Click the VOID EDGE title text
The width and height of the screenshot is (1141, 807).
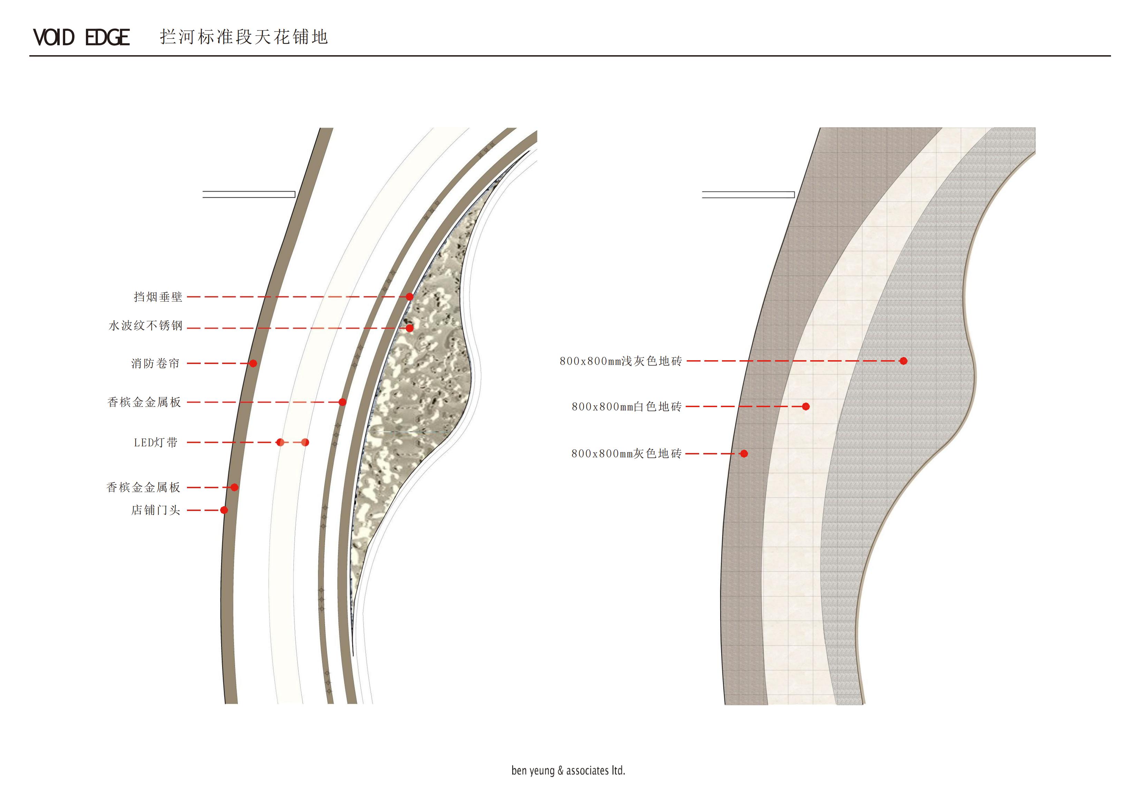[81, 38]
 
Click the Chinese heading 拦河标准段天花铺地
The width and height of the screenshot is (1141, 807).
[244, 37]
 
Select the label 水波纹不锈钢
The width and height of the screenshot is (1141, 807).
[146, 326]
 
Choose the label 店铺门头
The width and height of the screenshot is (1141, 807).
[156, 510]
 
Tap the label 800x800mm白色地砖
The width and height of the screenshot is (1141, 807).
[626, 407]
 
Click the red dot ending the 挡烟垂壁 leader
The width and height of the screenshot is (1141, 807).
[409, 297]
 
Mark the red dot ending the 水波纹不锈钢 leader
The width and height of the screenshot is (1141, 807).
[409, 328]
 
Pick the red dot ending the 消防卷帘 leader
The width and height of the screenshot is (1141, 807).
[253, 363]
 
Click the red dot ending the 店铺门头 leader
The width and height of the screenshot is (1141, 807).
[224, 510]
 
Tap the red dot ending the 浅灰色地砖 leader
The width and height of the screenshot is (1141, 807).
[903, 361]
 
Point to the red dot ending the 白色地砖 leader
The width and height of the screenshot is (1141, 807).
[806, 407]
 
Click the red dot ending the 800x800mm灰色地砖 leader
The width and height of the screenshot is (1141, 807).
[744, 453]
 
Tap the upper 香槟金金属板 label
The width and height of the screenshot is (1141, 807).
[144, 402]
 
